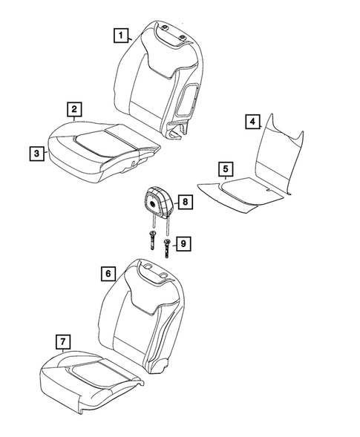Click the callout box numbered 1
click(119, 33)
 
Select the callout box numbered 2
click(74, 109)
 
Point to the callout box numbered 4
click(252, 121)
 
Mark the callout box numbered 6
click(109, 273)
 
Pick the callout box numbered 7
click(62, 341)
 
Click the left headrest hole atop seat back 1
click(163, 33)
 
